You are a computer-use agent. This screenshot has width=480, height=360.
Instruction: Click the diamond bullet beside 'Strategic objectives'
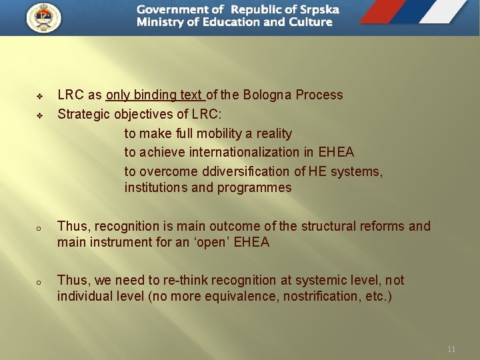(x=39, y=115)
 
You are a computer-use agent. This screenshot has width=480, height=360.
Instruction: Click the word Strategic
(x=85, y=114)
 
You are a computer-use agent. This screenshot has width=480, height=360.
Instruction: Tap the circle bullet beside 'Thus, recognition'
(x=39, y=228)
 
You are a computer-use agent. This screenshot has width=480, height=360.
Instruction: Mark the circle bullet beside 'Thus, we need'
(x=39, y=282)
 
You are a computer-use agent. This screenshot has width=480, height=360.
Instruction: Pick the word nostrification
(x=322, y=296)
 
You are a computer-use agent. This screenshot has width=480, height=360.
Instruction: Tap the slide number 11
(x=451, y=349)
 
